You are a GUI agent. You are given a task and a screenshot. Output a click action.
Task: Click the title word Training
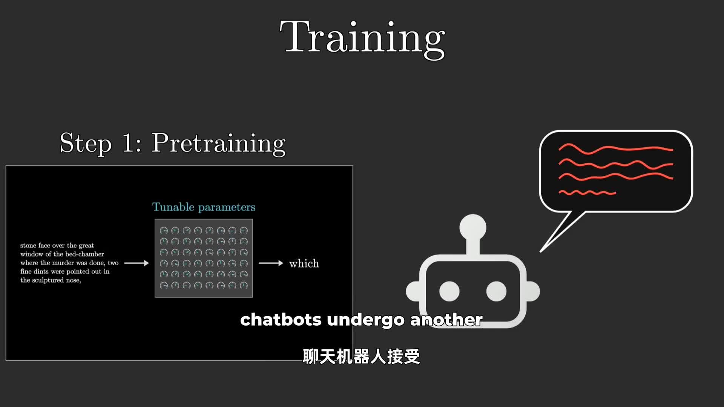[362, 39]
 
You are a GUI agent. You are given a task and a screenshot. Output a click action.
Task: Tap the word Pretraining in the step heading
[219, 144]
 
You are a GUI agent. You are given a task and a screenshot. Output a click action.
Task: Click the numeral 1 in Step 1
[128, 143]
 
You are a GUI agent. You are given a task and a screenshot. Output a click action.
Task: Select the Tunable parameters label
[204, 207]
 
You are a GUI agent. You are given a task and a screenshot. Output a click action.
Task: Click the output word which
[304, 263]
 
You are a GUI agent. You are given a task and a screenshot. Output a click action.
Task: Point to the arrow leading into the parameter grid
[137, 263]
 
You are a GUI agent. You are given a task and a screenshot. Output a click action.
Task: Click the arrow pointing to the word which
[271, 263]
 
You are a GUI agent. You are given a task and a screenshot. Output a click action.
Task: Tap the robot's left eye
[449, 291]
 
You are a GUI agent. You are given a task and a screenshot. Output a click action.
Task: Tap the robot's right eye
[496, 291]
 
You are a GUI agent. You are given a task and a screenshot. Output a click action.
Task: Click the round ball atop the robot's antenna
[473, 228]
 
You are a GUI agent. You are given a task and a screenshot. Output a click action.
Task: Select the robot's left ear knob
[413, 291]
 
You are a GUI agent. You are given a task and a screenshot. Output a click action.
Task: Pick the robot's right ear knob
[533, 291]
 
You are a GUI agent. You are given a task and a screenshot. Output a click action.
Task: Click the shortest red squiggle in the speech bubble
[587, 193]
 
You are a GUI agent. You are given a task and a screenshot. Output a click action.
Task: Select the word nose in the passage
[73, 280]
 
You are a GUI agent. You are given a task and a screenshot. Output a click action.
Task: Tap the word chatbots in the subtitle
[281, 320]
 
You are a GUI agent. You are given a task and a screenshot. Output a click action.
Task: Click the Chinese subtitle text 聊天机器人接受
[361, 357]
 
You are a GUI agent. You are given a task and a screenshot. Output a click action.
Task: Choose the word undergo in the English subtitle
[366, 320]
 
